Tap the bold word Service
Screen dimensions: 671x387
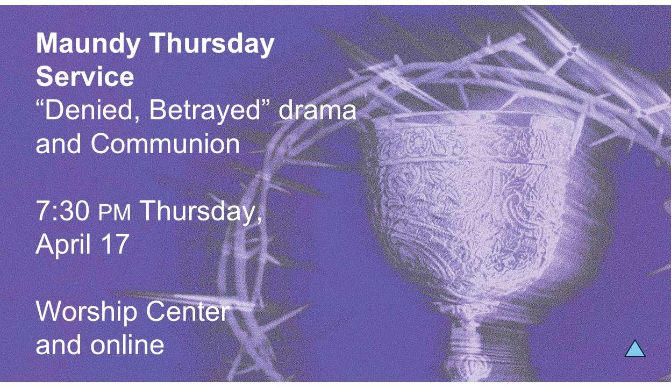85,77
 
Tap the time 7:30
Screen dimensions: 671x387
62,211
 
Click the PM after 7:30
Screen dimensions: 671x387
115,213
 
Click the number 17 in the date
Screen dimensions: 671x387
114,244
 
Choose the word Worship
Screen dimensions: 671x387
87,312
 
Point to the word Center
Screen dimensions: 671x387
188,312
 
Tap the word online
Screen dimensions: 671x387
127,344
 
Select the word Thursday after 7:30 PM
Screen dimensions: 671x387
201,211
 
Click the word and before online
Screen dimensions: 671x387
59,344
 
